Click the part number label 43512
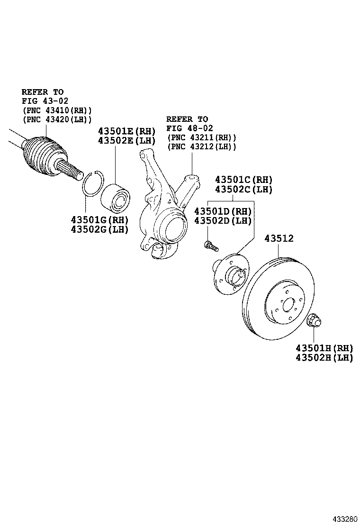tap(279, 238)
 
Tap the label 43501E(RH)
tap(126, 131)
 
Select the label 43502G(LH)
tap(100, 229)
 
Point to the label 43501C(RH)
tap(244, 180)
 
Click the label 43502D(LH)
tap(223, 220)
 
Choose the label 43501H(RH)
tap(324, 348)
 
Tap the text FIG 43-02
tap(45, 100)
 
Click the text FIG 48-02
tap(189, 128)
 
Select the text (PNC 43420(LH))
tap(57, 119)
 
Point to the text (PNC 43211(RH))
tap(201, 137)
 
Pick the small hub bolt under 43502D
tap(211, 245)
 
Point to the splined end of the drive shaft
tap(70, 168)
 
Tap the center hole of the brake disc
tap(288, 306)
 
